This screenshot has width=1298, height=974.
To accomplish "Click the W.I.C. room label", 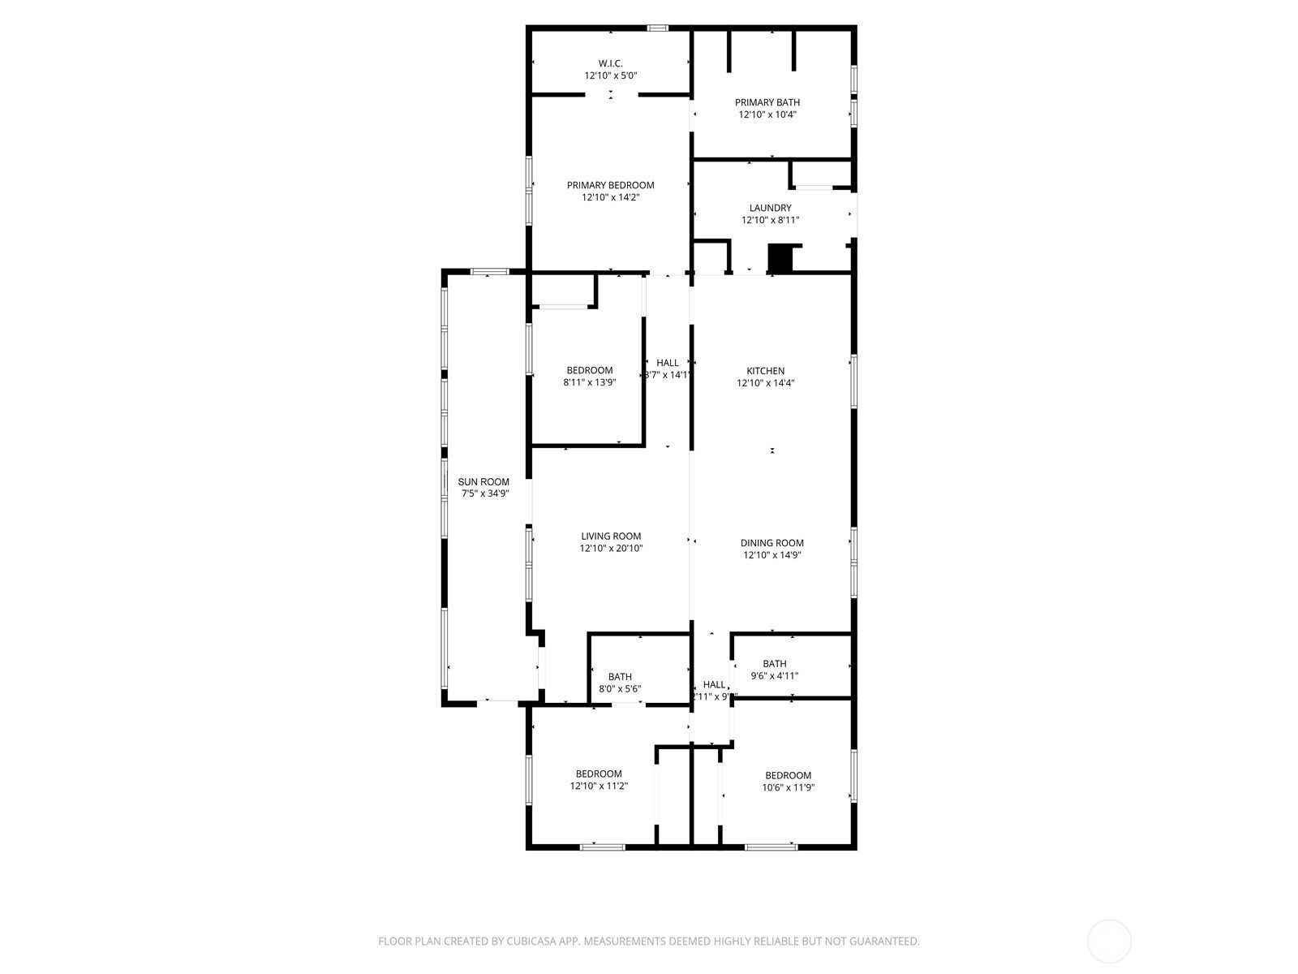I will (610, 63).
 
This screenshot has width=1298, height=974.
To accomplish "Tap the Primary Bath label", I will (767, 102).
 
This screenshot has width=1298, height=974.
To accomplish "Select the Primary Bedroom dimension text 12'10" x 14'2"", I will (610, 197).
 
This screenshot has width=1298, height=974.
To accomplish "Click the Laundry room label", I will (770, 208).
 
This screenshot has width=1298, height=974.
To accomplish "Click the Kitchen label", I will (765, 371).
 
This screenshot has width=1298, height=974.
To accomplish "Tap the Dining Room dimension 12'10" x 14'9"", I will (771, 556).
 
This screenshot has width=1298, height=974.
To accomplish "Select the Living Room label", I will (610, 536).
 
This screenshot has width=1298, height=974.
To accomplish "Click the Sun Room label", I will (484, 481).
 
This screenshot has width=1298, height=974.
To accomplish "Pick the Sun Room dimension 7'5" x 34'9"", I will (484, 493).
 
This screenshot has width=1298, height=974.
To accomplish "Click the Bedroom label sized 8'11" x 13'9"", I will (589, 370).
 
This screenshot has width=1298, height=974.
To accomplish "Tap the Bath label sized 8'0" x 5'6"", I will (620, 677).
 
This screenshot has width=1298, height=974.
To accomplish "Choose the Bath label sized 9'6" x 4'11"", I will (774, 664).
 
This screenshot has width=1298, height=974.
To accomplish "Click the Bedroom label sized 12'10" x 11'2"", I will (599, 774).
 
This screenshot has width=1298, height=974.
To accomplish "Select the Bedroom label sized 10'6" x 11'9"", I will (788, 775).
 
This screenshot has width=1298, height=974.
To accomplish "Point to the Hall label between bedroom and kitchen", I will (668, 363).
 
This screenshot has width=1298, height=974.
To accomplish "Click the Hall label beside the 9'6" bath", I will (714, 684).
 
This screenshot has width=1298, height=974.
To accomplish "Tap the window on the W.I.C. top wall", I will (657, 28).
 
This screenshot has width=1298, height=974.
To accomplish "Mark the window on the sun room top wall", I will (489, 270).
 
